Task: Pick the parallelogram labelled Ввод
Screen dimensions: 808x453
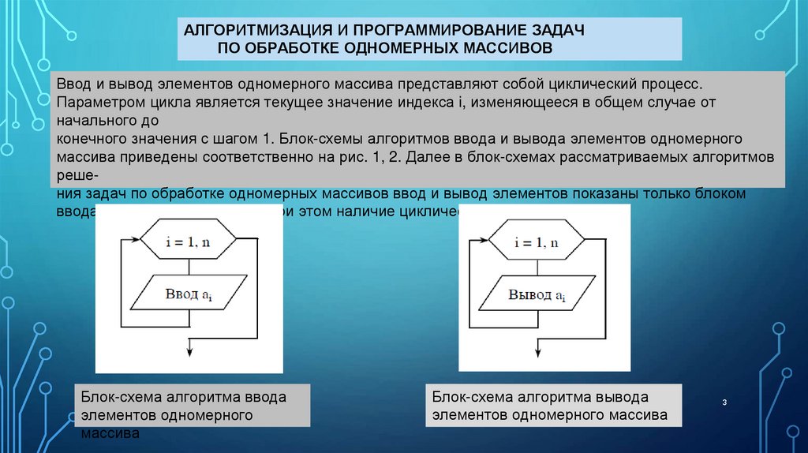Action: pos(189,295)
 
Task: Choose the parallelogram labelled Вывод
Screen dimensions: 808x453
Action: pos(537,295)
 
